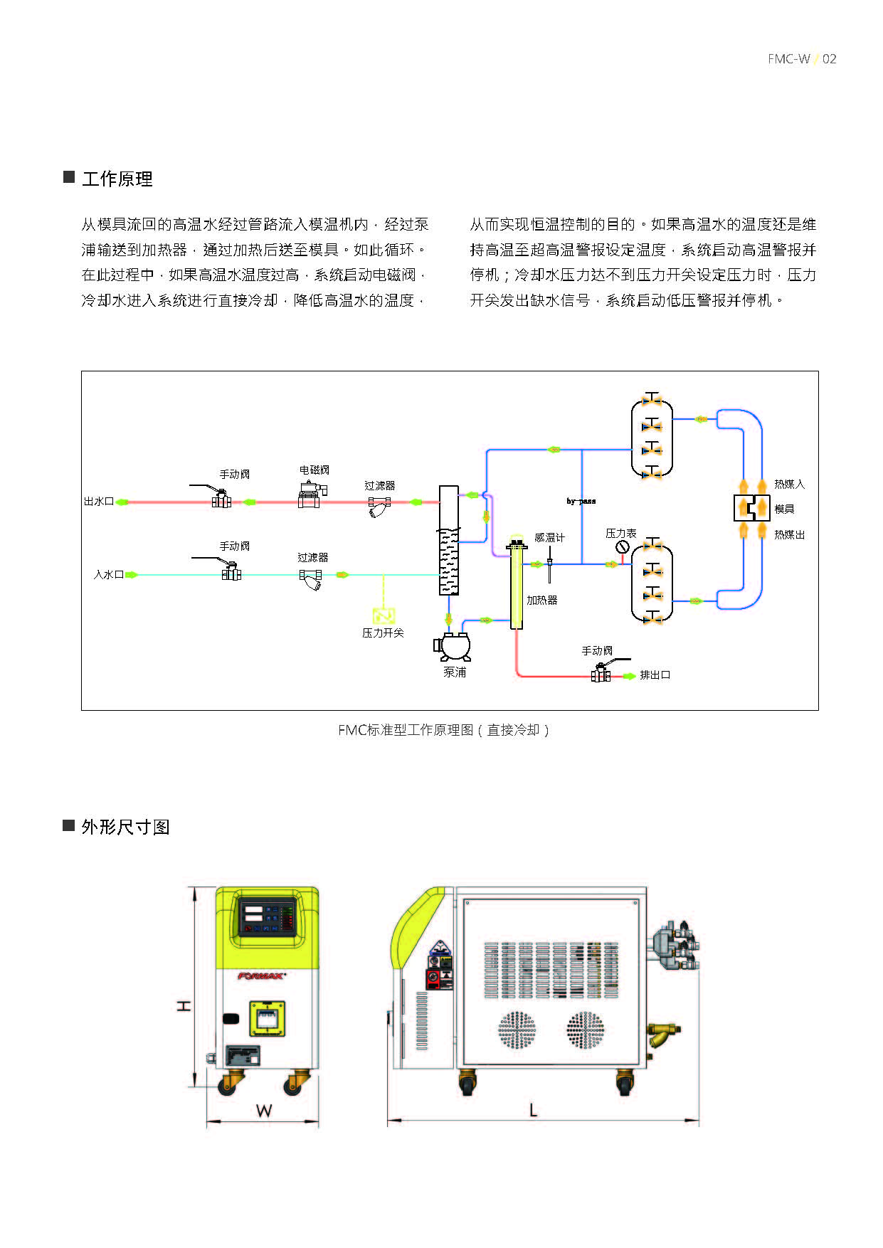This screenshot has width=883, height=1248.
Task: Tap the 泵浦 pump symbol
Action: (453, 646)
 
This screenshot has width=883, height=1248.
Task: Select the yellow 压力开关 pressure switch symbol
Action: (384, 615)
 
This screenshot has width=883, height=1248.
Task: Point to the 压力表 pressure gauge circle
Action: (623, 547)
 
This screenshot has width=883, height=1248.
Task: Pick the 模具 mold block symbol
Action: (752, 507)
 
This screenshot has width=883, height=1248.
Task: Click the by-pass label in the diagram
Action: (581, 501)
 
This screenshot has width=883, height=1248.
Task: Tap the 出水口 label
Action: (99, 502)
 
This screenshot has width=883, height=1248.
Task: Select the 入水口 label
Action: (108, 574)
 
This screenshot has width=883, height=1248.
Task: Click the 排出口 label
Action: (655, 675)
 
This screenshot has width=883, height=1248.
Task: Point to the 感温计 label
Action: (549, 538)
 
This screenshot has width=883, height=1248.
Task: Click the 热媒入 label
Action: (789, 485)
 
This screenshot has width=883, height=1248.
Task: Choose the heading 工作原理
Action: (117, 179)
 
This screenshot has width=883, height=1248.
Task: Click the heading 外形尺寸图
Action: (125, 827)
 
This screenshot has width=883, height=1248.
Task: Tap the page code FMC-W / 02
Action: (802, 59)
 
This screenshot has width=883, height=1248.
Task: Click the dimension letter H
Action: (184, 1005)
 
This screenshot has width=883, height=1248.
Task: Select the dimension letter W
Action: (263, 1111)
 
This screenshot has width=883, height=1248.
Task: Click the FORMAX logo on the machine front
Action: (261, 976)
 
